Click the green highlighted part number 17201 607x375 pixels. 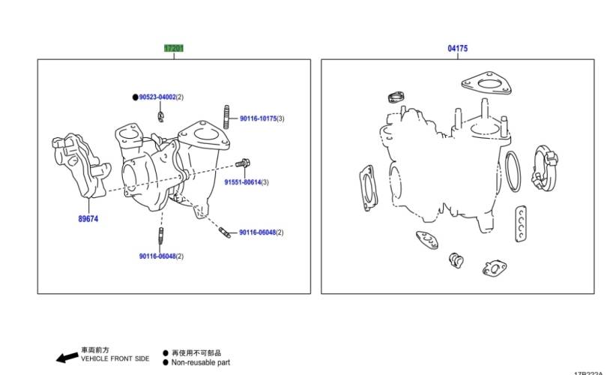point(174,49)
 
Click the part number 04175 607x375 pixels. point(458,49)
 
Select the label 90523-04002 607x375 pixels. point(157,97)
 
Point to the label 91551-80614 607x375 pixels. point(246,182)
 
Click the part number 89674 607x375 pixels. point(88,219)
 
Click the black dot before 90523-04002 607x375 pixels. point(135,97)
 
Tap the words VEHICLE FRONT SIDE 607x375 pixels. point(115,359)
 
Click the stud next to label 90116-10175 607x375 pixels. point(226,118)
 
